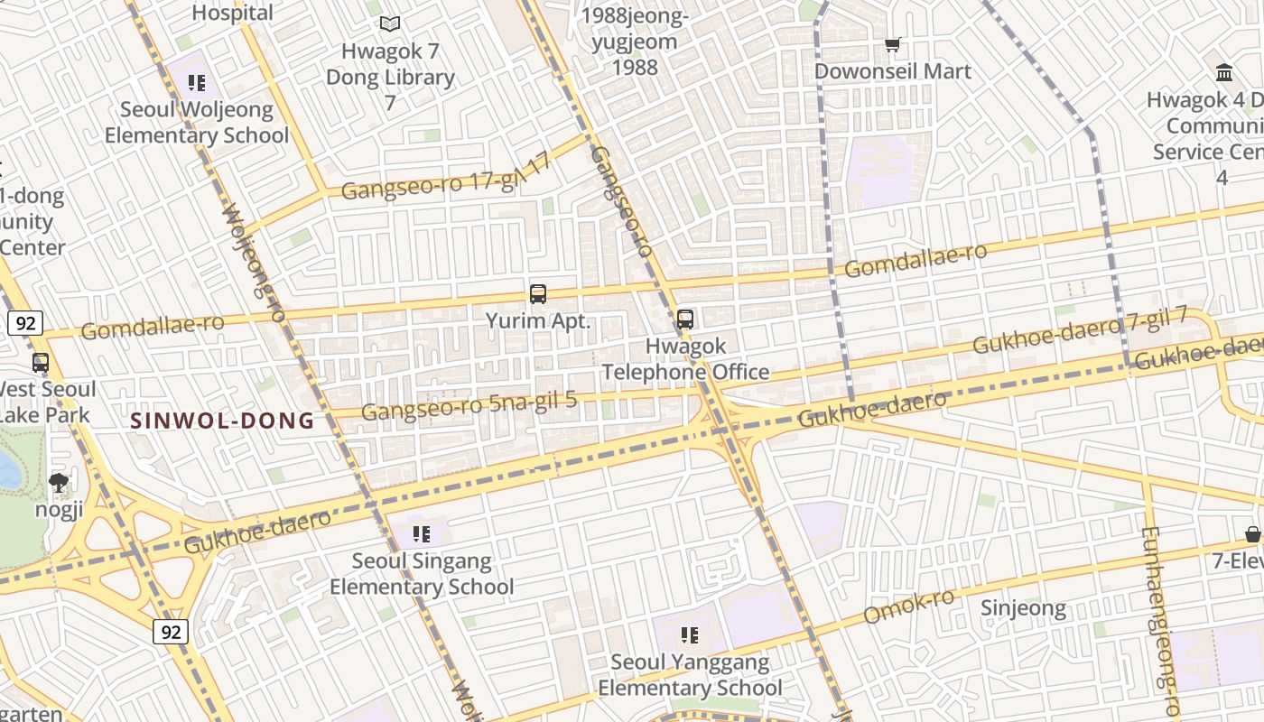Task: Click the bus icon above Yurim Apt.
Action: tap(538, 293)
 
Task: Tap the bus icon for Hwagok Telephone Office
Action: tap(685, 319)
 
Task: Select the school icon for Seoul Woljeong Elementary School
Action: tap(197, 84)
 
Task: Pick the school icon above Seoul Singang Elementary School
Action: tap(421, 534)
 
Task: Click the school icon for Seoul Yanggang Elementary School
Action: tap(690, 635)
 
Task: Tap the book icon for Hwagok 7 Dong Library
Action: tap(390, 24)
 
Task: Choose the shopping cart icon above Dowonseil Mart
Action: tap(893, 44)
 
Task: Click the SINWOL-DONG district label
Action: tap(223, 421)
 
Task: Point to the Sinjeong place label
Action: tap(1024, 608)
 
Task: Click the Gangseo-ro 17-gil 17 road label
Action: tap(446, 180)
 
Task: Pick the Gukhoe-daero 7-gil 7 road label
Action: tap(1079, 331)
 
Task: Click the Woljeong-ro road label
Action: tap(253, 262)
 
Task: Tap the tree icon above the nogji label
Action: tap(59, 483)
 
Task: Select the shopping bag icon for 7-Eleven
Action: tap(1252, 535)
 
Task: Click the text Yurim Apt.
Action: tap(538, 320)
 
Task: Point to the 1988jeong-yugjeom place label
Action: tap(636, 41)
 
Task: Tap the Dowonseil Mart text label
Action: tap(893, 71)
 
